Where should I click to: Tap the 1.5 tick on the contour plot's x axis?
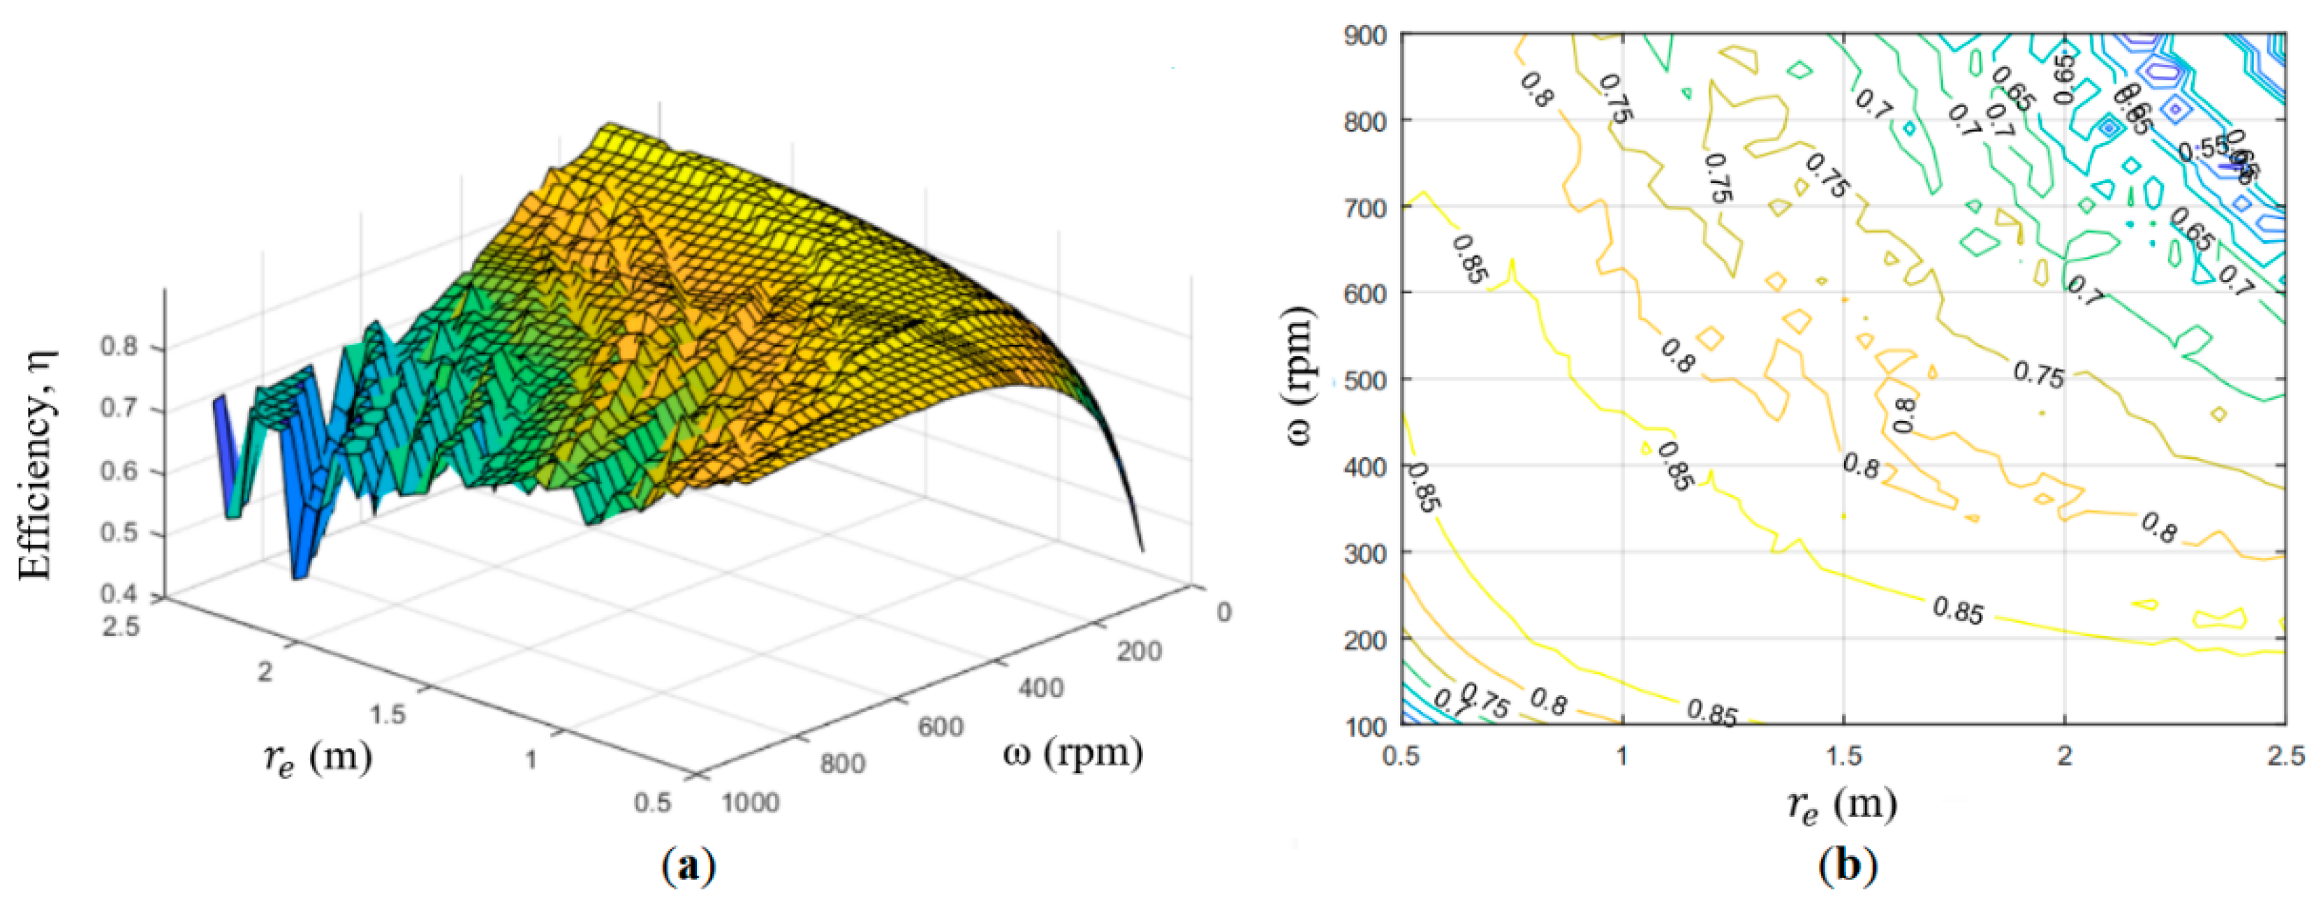click(1843, 756)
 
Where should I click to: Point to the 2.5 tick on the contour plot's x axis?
click(2285, 756)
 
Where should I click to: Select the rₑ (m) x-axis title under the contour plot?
click(1843, 802)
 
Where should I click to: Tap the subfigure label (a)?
click(689, 866)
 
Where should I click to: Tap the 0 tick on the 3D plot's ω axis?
click(1223, 612)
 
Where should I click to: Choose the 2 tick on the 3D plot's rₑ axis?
click(264, 672)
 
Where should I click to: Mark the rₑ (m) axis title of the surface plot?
click(317, 759)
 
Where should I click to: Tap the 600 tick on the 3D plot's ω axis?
click(941, 726)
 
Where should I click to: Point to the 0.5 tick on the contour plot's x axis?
click(1401, 756)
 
